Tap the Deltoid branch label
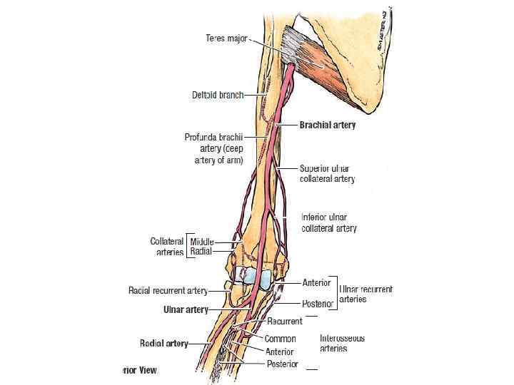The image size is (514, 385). click(217, 95)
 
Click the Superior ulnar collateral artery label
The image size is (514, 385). click(327, 173)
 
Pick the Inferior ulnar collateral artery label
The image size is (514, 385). click(328, 222)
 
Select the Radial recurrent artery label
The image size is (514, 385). click(168, 290)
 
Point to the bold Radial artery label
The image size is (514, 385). click(163, 344)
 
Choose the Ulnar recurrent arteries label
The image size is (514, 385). click(366, 294)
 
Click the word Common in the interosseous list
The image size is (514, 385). click(281, 339)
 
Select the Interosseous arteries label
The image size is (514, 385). click(342, 344)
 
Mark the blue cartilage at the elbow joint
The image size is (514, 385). click(253, 276)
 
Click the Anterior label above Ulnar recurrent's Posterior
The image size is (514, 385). click(316, 283)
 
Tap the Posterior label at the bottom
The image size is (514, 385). click(282, 364)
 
